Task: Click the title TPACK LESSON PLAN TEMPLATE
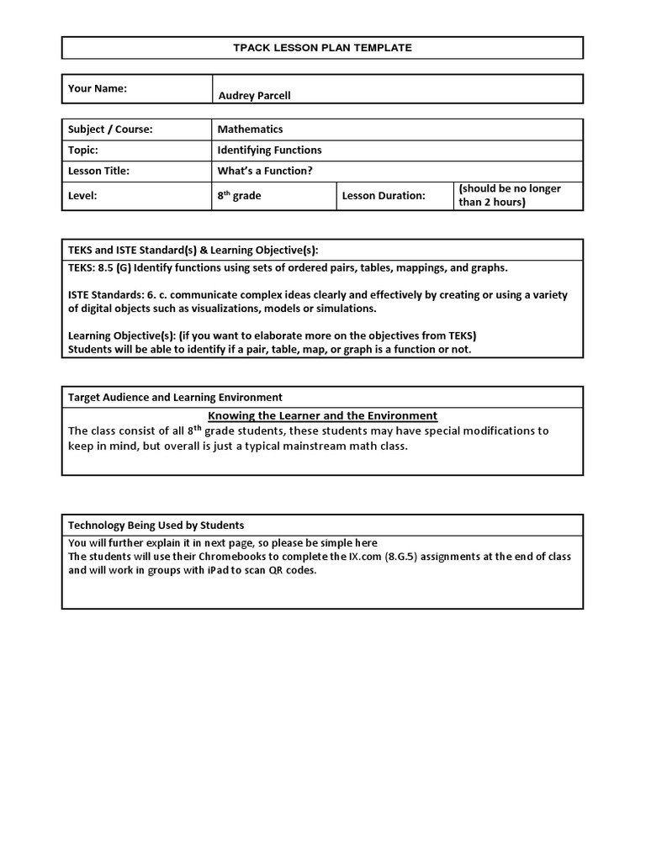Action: pos(322,48)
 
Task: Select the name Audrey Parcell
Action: pos(254,95)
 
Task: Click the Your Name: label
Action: pos(97,87)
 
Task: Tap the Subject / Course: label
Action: pos(110,129)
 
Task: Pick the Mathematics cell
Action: pos(250,129)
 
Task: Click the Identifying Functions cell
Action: pos(269,151)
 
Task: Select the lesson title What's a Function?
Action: pos(258,172)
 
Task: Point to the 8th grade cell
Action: pos(239,195)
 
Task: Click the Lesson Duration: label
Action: pos(384,196)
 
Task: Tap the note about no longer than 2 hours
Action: pos(510,195)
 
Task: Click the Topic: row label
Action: pos(83,151)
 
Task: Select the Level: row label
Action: pos(82,196)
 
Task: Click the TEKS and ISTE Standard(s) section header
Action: pos(193,250)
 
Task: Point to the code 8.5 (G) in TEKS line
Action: pos(114,267)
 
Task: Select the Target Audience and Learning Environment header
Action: pos(175,397)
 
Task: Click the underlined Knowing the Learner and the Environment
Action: pos(322,415)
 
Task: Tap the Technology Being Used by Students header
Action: pos(156,525)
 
